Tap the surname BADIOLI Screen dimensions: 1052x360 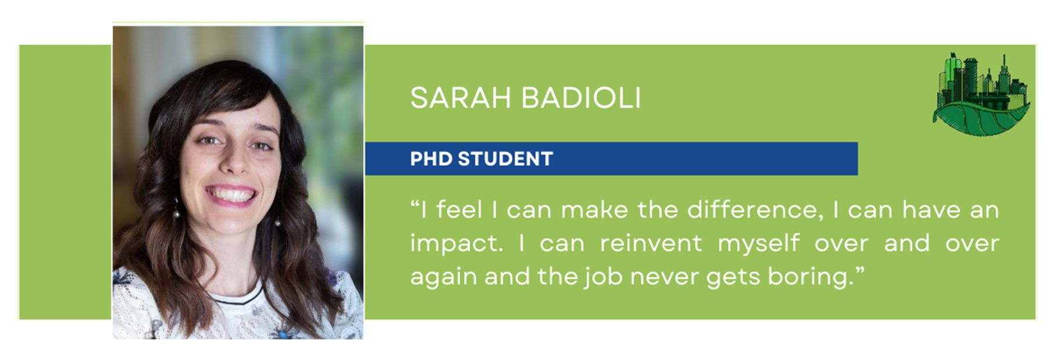581,98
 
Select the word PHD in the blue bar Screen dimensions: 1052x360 431,159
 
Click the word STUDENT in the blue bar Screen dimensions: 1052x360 505,159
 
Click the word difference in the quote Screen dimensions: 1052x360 755,209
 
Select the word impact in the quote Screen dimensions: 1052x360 457,243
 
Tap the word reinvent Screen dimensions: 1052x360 651,243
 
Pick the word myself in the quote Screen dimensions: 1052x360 758,244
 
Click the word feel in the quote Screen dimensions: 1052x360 459,209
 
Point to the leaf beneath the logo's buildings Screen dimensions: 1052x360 981,117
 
